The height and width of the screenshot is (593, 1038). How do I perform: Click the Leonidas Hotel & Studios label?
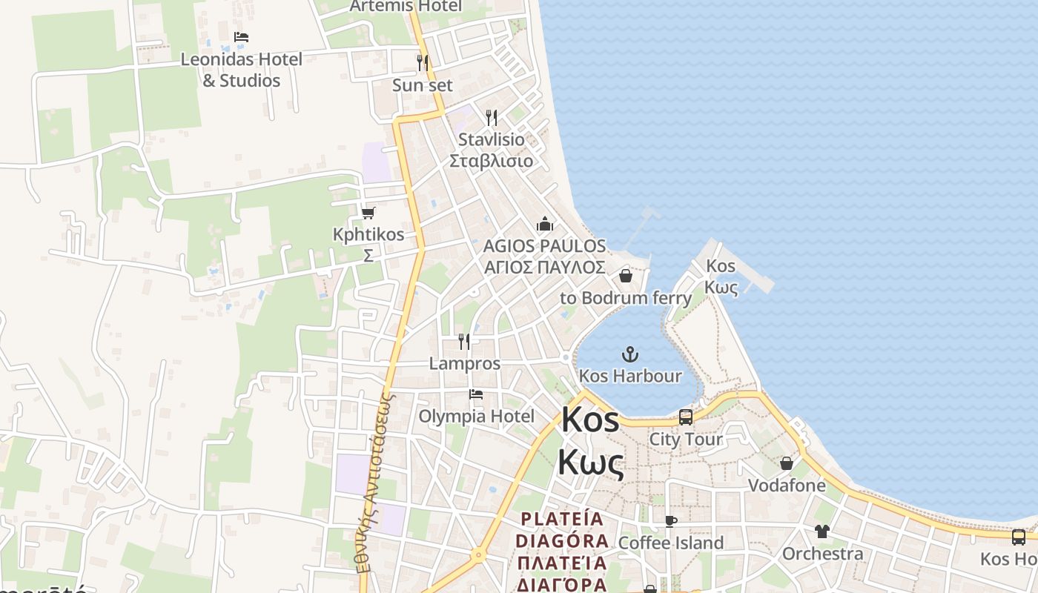click(x=242, y=70)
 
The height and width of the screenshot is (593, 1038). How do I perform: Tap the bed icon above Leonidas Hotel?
click(x=241, y=37)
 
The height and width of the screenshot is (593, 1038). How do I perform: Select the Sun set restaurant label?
click(x=422, y=85)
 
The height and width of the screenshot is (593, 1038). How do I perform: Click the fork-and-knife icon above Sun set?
click(x=423, y=62)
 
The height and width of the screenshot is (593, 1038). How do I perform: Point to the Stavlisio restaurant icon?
click(x=491, y=117)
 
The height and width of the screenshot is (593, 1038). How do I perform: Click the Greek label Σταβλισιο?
click(x=491, y=162)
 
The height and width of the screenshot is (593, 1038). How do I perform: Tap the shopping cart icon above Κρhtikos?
click(x=368, y=213)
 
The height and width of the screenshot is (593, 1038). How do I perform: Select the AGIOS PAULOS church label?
click(x=544, y=246)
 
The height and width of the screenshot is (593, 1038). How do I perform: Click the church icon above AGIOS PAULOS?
click(x=545, y=224)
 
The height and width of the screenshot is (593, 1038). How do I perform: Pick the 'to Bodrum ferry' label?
click(x=626, y=298)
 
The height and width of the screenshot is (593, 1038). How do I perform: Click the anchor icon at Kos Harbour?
click(x=629, y=354)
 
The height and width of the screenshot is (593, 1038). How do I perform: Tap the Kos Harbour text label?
click(x=629, y=376)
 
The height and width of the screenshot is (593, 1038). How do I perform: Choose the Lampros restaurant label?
click(x=465, y=364)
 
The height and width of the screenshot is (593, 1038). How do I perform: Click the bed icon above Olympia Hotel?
click(x=476, y=394)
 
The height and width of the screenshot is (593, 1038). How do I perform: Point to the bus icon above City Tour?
click(x=686, y=417)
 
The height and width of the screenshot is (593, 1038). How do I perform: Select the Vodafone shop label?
click(x=787, y=486)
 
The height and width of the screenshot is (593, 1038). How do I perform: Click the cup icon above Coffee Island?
click(x=671, y=521)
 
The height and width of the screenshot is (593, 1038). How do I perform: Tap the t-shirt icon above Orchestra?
click(x=822, y=531)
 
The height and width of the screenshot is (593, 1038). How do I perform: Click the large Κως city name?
click(x=590, y=463)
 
